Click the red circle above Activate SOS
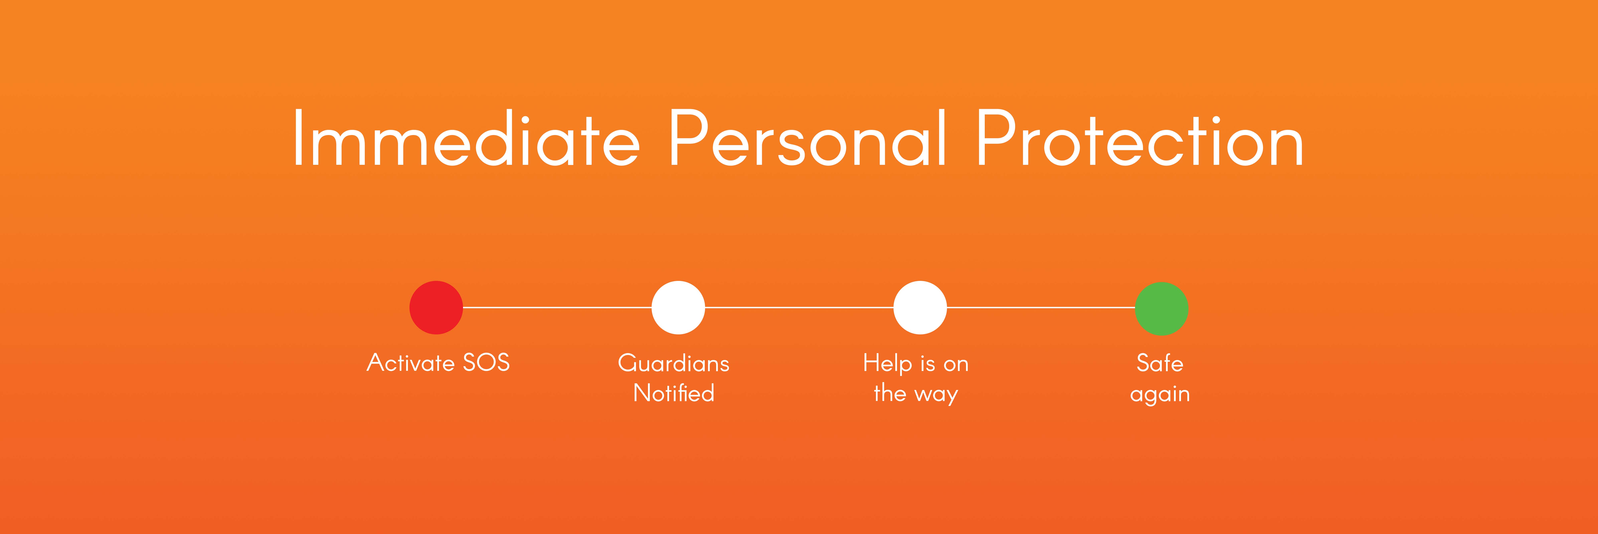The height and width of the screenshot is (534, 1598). pyautogui.click(x=436, y=308)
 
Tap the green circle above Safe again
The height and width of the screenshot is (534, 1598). pyautogui.click(x=1161, y=308)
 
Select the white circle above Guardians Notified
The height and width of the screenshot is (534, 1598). pyautogui.click(x=678, y=308)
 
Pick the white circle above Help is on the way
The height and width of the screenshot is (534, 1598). pyautogui.click(x=920, y=308)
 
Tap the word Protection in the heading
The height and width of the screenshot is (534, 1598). pyautogui.click(x=1140, y=138)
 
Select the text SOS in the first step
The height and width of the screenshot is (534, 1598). pyautogui.click(x=486, y=362)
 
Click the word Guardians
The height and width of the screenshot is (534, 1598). pyautogui.click(x=674, y=363)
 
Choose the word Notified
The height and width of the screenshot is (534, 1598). pyautogui.click(x=674, y=393)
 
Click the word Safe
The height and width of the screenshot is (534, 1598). pyautogui.click(x=1160, y=363)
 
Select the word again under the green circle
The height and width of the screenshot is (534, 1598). pyautogui.click(x=1160, y=395)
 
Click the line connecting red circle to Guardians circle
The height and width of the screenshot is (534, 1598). pyautogui.click(x=557, y=307)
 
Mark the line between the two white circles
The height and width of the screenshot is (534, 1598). pyautogui.click(x=799, y=307)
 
